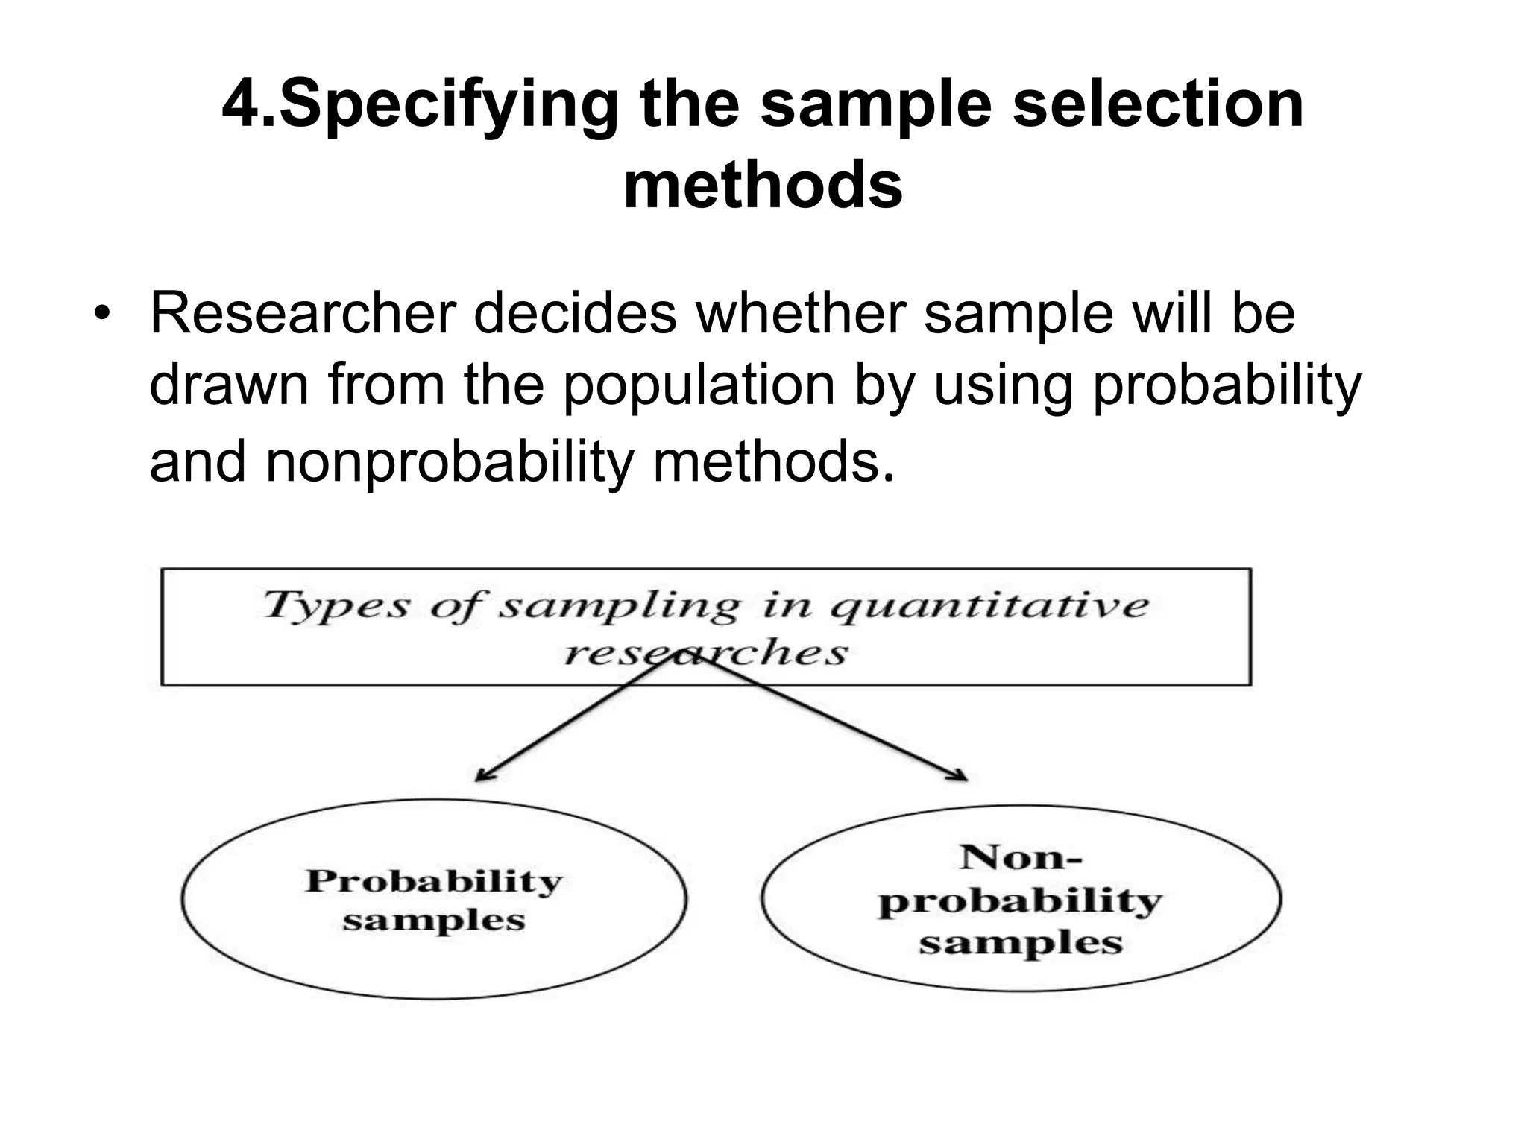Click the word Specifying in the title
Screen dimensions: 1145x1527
click(447, 105)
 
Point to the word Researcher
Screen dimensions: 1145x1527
click(303, 313)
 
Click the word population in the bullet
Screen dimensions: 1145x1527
click(699, 385)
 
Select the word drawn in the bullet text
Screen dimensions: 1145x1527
click(229, 385)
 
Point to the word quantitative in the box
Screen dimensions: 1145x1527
click(989, 605)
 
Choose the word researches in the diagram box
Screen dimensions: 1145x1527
click(705, 654)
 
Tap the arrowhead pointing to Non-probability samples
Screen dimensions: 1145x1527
click(960, 775)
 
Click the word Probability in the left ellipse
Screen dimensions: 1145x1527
click(434, 881)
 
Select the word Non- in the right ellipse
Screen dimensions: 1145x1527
click(1020, 857)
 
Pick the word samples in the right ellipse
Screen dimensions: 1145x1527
click(1020, 944)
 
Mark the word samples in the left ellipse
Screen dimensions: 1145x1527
click(434, 921)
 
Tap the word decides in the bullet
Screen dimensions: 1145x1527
click(575, 313)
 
